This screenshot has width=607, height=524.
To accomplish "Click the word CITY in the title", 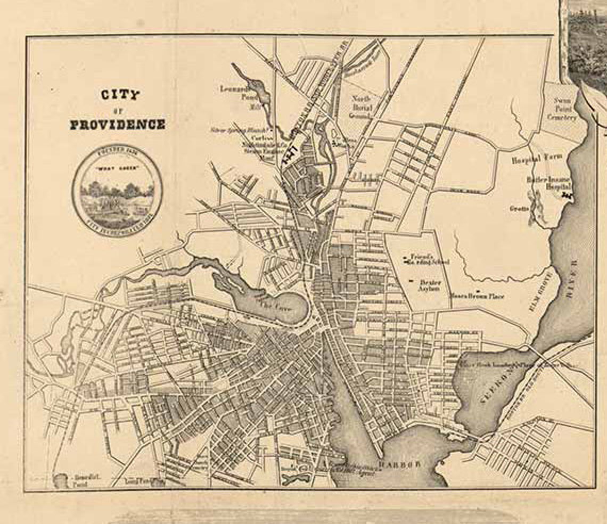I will [120, 95].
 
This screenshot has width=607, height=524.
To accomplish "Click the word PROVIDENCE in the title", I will [118, 125].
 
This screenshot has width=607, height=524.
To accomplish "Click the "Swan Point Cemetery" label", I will [565, 109].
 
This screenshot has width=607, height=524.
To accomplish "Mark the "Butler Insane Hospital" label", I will [548, 184].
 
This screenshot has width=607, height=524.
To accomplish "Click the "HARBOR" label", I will [399, 464].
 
